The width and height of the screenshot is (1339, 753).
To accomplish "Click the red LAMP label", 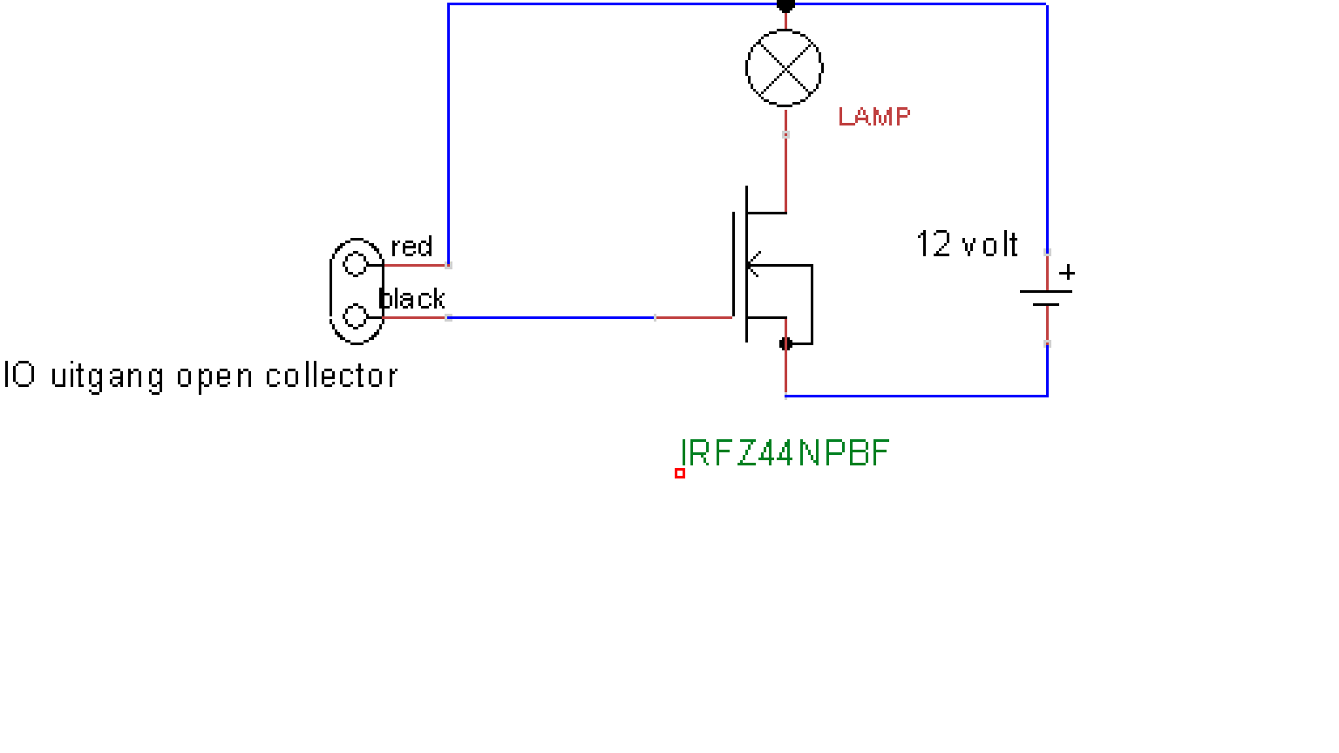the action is pos(874,117).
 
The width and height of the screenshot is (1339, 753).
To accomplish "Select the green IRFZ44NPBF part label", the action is pos(785,453).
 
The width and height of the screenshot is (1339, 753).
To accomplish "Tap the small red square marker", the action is pos(680,473).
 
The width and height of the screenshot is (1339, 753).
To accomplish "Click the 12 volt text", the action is pos(967,244).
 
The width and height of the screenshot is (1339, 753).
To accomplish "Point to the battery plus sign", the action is pos(1067,273).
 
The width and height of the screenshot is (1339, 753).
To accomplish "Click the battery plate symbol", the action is pos(1046,297).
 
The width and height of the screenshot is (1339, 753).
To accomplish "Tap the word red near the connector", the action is pos(411,247).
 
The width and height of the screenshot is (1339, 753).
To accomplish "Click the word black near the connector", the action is pos(412,298).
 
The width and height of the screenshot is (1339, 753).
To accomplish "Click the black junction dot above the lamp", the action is pos(785,6).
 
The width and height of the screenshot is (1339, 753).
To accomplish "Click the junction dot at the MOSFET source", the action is pos(785,343).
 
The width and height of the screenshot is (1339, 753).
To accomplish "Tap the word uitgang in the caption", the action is pos(107,377).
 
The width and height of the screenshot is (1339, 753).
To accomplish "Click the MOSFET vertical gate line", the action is pos(733,265).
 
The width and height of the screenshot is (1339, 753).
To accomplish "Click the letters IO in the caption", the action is pos(20,375).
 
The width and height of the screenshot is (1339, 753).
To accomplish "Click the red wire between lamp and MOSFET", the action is pos(785,160).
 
